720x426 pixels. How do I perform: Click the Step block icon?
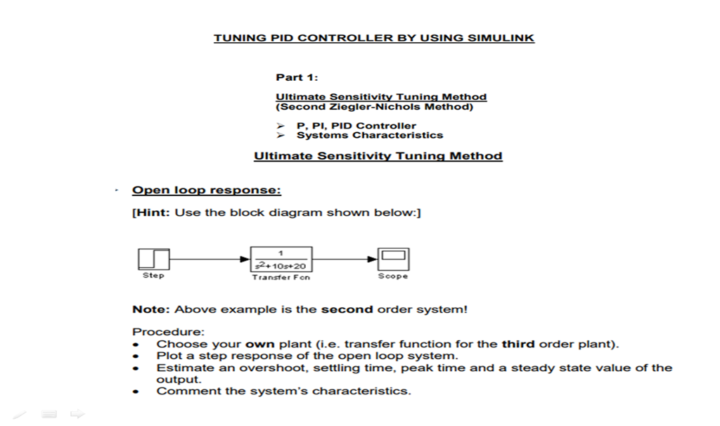153,259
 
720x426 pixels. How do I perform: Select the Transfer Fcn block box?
281,259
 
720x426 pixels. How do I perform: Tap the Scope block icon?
392,259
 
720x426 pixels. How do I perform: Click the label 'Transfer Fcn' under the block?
281,277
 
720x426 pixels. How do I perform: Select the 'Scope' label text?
392,276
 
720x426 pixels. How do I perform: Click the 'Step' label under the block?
153,276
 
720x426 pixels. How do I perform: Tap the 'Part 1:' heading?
297,77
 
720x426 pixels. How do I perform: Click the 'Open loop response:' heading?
207,191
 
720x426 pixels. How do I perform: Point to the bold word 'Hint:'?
152,212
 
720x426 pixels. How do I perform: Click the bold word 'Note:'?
151,309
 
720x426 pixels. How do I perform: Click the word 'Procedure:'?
159,332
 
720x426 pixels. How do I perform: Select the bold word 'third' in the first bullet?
519,344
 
